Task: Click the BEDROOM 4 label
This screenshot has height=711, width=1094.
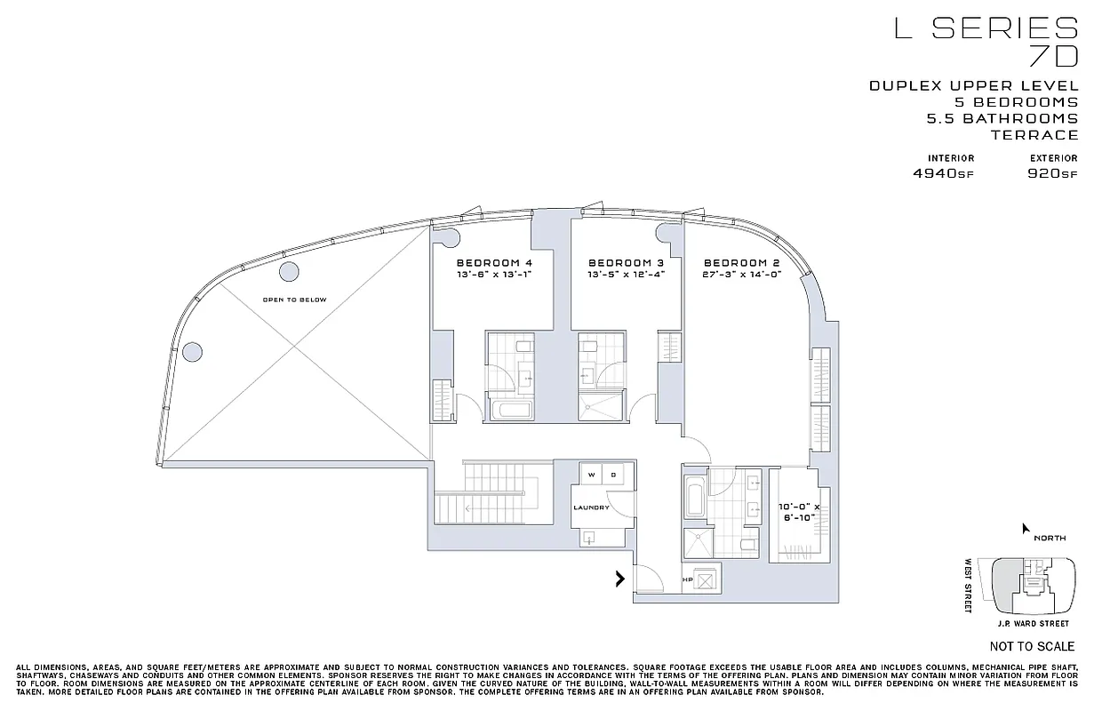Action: pyautogui.click(x=494, y=263)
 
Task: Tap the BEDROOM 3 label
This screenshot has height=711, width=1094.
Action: pyautogui.click(x=627, y=263)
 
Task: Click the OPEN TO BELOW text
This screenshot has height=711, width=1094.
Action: pyautogui.click(x=294, y=300)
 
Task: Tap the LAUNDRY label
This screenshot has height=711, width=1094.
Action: pyautogui.click(x=591, y=507)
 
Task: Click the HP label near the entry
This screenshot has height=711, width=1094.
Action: pyautogui.click(x=687, y=580)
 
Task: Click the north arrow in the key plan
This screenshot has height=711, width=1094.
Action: pyautogui.click(x=1026, y=530)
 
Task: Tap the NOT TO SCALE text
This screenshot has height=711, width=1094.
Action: pyautogui.click(x=1032, y=646)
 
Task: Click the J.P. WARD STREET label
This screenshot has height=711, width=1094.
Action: pyautogui.click(x=1032, y=625)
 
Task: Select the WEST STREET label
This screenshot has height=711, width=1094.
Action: pyautogui.click(x=970, y=585)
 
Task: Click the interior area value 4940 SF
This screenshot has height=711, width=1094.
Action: pyautogui.click(x=943, y=174)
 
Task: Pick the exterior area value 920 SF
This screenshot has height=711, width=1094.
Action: pyautogui.click(x=1051, y=174)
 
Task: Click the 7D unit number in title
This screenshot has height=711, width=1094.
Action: pyautogui.click(x=1052, y=58)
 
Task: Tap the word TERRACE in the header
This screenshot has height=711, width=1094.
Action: pyautogui.click(x=1034, y=135)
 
